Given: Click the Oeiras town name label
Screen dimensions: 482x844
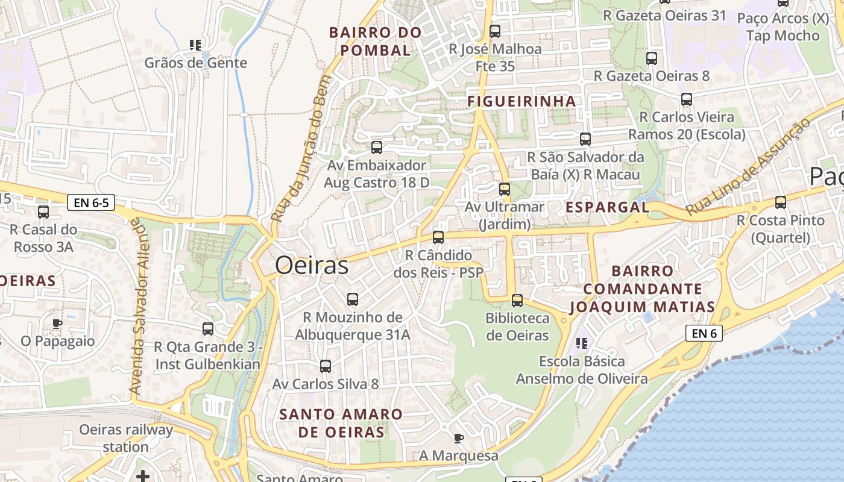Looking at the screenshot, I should click(x=312, y=266).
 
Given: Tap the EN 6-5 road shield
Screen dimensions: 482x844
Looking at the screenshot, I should click(x=92, y=202).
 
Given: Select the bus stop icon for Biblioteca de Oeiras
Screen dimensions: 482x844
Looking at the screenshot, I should click(x=517, y=300).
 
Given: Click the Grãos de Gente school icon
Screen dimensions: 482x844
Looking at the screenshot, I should click(x=195, y=45).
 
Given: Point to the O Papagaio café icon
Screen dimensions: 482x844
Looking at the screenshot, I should click(x=57, y=324).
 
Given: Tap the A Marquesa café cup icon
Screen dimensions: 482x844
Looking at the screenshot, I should click(x=459, y=438).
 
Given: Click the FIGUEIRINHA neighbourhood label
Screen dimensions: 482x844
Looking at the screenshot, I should click(x=522, y=101).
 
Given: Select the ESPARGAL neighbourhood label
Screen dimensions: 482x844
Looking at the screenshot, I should click(x=607, y=207).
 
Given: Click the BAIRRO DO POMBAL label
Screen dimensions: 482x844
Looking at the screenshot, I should click(x=376, y=42).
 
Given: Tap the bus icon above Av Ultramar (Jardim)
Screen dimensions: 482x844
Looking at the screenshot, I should click(x=505, y=189).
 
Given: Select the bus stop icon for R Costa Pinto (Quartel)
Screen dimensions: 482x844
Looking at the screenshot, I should click(x=781, y=202).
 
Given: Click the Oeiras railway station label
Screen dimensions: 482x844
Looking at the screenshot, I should click(x=126, y=438).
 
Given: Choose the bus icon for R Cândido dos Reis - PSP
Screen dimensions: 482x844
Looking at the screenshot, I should click(x=438, y=237).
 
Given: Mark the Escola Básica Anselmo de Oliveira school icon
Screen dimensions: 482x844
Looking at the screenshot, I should click(x=582, y=343).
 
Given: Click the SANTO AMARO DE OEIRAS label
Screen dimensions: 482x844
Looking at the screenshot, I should click(x=341, y=423).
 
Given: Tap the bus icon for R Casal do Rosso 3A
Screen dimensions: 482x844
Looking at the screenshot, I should click(x=43, y=212).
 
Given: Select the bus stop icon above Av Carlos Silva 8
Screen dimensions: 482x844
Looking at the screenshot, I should click(x=326, y=366).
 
